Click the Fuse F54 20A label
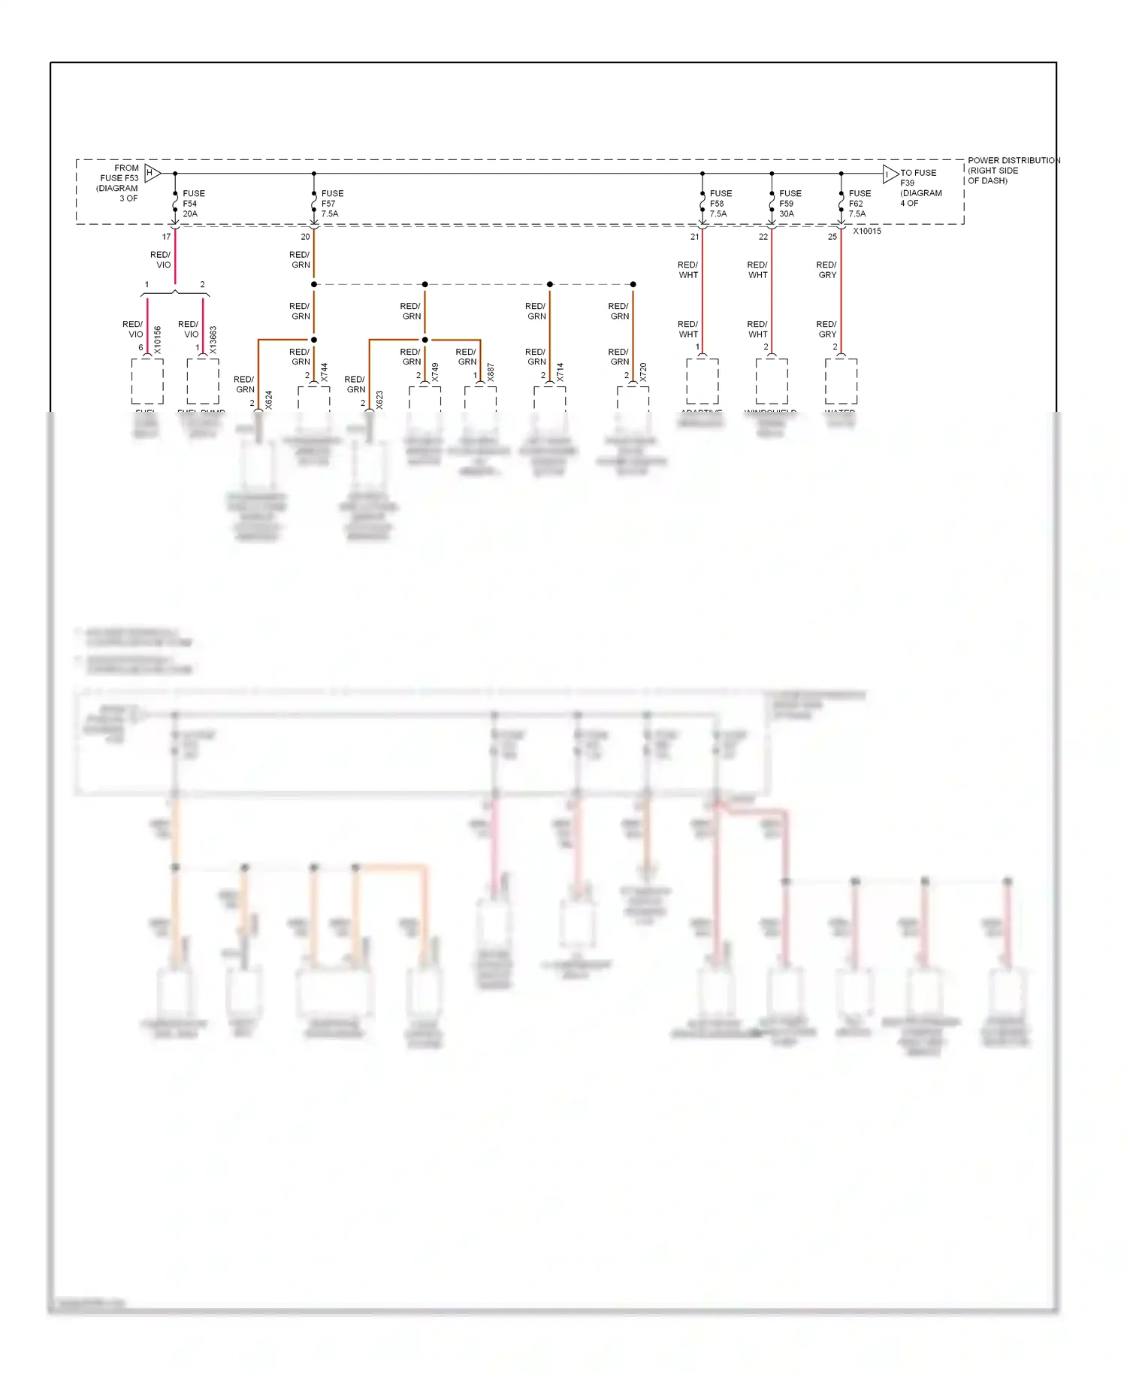click(193, 204)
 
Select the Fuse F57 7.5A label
click(331, 204)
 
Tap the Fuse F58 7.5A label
click(720, 204)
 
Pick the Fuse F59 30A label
click(790, 204)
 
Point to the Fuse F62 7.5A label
click(859, 204)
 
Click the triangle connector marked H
click(151, 173)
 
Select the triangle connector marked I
click(890, 174)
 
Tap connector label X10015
click(867, 232)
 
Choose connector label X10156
click(158, 340)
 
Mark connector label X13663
click(213, 340)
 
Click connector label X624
click(269, 399)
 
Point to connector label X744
click(325, 372)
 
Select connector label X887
click(491, 372)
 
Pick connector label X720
click(643, 372)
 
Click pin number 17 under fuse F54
click(166, 237)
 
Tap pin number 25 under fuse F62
click(832, 237)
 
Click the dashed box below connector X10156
click(147, 381)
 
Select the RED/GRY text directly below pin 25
click(826, 270)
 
